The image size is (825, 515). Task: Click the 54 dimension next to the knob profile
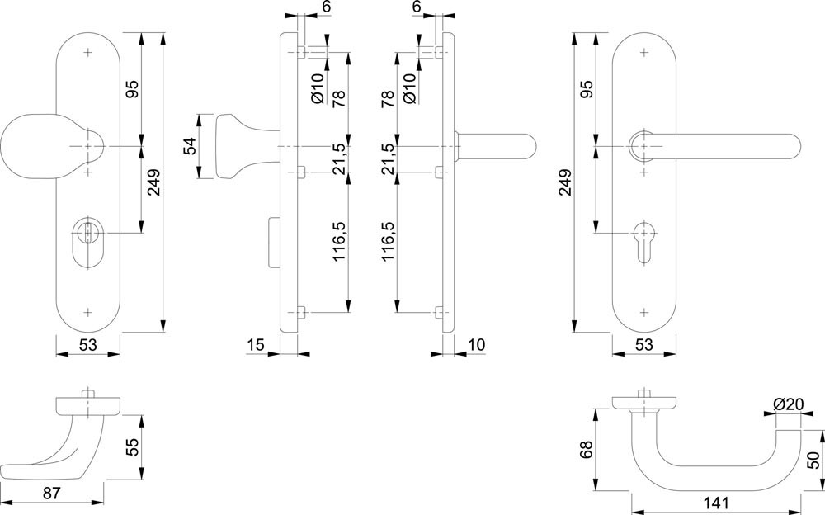coord(189,146)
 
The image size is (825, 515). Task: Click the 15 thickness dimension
coord(255,344)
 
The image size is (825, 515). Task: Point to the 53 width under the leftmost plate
coord(87,344)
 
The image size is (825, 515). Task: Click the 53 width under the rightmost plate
coord(644,344)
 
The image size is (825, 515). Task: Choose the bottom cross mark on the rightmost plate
coord(644,313)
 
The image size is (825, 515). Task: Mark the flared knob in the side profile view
coord(231,146)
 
